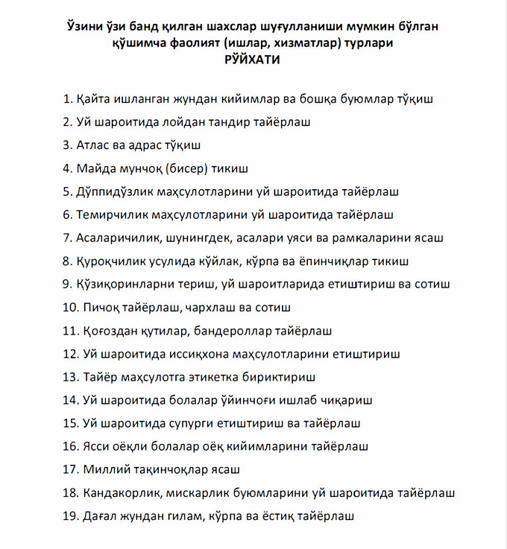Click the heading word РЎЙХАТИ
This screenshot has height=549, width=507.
click(x=253, y=60)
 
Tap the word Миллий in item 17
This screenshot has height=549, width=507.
click(x=101, y=470)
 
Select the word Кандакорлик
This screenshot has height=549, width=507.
click(x=120, y=493)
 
